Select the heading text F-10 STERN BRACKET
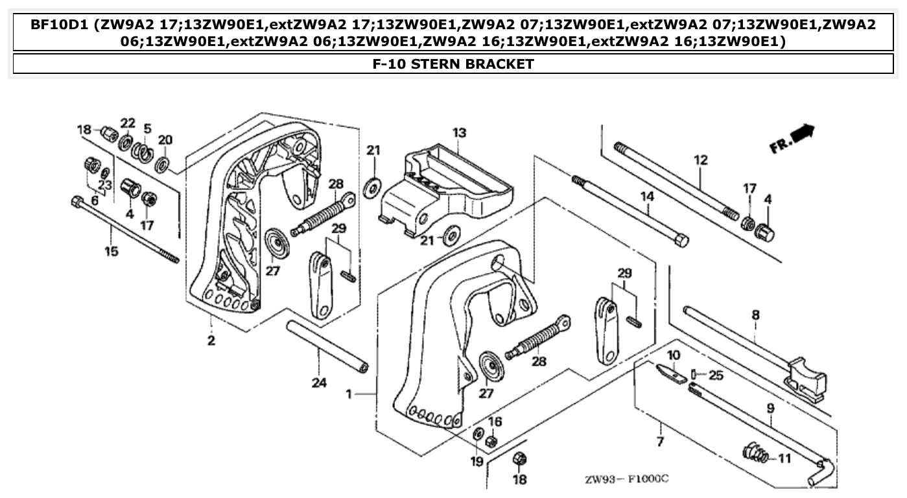[453, 64]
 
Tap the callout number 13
[459, 133]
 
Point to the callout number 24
[318, 383]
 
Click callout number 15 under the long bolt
[112, 250]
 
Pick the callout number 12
[701, 160]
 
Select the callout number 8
[755, 315]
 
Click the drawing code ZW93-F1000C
[626, 479]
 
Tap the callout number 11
[784, 458]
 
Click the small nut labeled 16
[491, 442]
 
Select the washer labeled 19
[477, 434]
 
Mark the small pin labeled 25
[694, 373]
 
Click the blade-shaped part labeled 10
[670, 373]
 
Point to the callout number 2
[211, 340]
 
